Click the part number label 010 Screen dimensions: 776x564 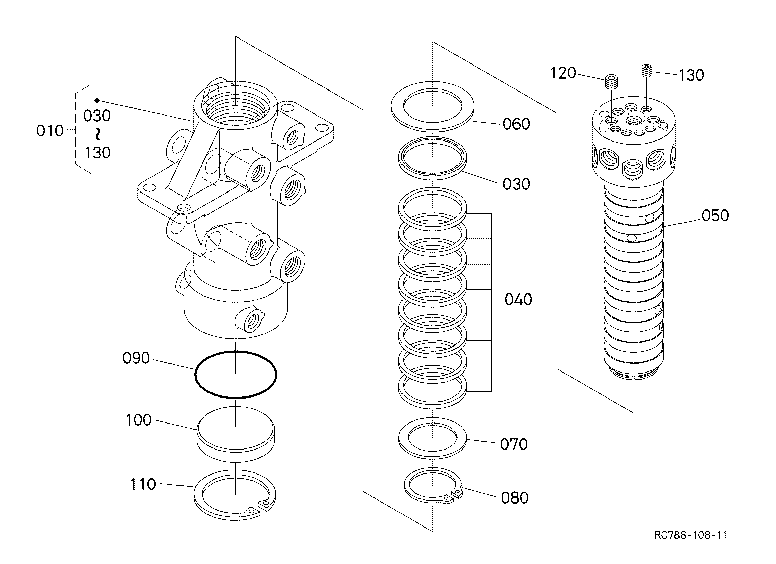point(50,131)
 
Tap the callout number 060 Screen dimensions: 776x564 point(516,124)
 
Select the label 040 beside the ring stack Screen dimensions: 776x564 point(518,299)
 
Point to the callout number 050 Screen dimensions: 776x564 point(716,215)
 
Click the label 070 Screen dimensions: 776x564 point(514,444)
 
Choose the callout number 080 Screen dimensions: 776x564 point(515,497)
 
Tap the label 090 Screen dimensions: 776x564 point(136,358)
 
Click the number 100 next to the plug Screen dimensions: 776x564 point(139,420)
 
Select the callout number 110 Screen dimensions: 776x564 point(143,484)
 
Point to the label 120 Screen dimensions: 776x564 point(563,73)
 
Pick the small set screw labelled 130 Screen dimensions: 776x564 point(646,71)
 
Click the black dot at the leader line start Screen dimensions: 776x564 point(97,100)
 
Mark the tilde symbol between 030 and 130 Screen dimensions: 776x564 point(98,134)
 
